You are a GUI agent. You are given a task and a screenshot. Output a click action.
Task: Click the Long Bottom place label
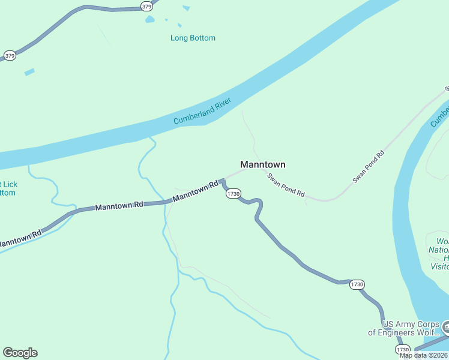click(193, 38)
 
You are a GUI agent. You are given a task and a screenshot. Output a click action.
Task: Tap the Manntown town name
click(262, 164)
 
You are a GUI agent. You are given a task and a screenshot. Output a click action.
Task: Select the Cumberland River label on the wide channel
click(202, 112)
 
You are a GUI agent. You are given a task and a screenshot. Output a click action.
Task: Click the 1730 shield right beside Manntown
click(234, 194)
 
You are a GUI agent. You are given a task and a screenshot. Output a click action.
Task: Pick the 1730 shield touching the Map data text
click(402, 349)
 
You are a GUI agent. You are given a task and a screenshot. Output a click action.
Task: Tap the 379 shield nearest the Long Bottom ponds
click(146, 6)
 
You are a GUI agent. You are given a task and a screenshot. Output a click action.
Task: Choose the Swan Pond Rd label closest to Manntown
click(286, 186)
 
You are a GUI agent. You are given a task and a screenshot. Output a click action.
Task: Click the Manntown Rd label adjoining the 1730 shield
click(195, 192)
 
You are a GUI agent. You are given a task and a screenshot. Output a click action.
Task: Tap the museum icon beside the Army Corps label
click(446, 326)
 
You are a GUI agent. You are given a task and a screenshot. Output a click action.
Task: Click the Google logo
click(20, 353)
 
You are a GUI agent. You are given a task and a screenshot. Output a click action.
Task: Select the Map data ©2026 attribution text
click(424, 355)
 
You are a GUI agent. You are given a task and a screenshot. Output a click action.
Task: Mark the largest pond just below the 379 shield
click(149, 19)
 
